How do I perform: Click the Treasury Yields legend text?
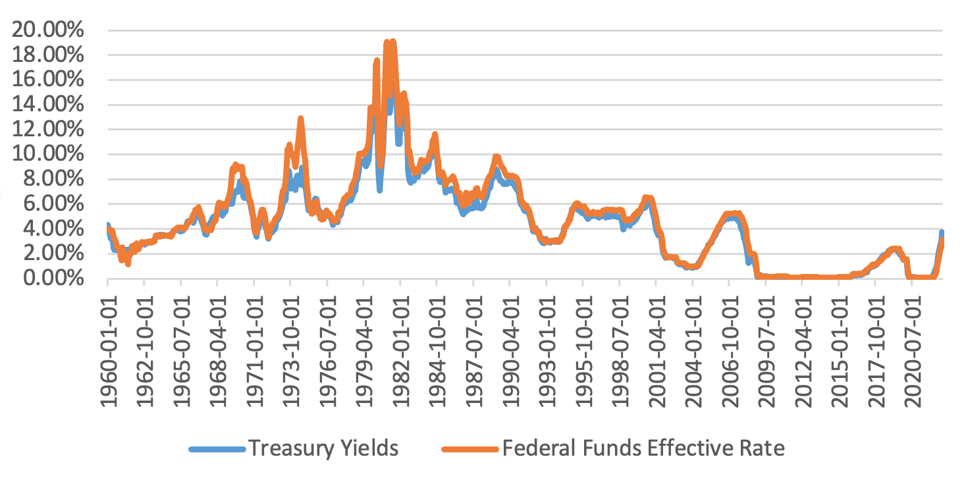[323, 449]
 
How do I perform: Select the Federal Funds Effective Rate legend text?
[643, 449]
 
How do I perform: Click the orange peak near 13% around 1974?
[300, 119]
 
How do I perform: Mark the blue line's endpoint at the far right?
[942, 232]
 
